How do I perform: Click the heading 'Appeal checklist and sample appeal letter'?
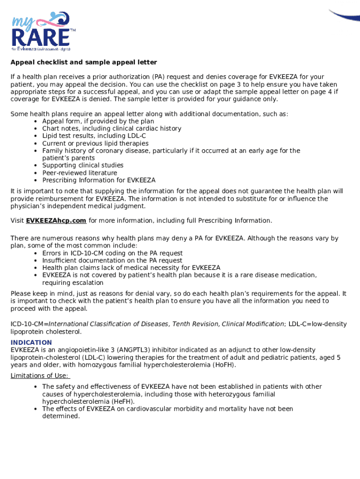(84, 62)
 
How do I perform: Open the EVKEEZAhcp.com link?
(56, 220)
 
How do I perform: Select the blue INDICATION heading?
(31, 342)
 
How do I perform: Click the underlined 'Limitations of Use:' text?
(40, 376)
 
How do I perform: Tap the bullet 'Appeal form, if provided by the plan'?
(98, 121)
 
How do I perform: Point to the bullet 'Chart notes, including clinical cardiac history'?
(111, 129)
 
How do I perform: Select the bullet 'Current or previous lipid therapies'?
(95, 143)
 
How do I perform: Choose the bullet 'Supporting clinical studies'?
(83, 165)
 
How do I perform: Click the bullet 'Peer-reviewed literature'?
(79, 173)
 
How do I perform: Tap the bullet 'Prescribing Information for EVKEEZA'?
(99, 180)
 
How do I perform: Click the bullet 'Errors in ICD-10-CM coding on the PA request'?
(112, 253)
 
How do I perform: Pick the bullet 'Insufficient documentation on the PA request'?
(112, 261)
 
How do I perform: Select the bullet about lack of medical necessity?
(131, 268)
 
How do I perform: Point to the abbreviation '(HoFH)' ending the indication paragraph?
(223, 365)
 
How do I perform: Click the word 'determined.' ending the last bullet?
(61, 416)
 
